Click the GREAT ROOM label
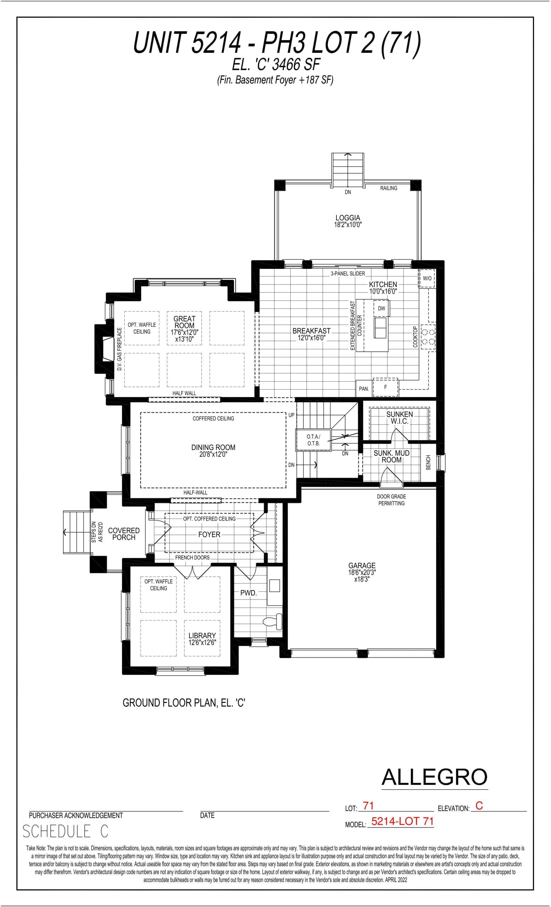coord(184,322)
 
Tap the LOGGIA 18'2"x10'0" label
coord(348,221)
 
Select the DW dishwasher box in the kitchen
coord(381,309)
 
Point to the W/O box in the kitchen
coord(427,278)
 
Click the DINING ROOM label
coord(213,450)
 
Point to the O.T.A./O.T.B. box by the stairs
coord(313,440)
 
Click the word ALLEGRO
coord(434,777)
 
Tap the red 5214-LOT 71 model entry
coord(402,822)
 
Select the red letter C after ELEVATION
coord(479,806)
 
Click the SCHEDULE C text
coord(66,832)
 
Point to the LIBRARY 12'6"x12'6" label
coord(202,639)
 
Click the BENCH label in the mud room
coord(428,462)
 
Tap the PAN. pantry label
coord(364,389)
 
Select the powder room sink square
coord(274,585)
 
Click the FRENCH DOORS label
coord(192,558)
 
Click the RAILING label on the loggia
coord(388,188)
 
